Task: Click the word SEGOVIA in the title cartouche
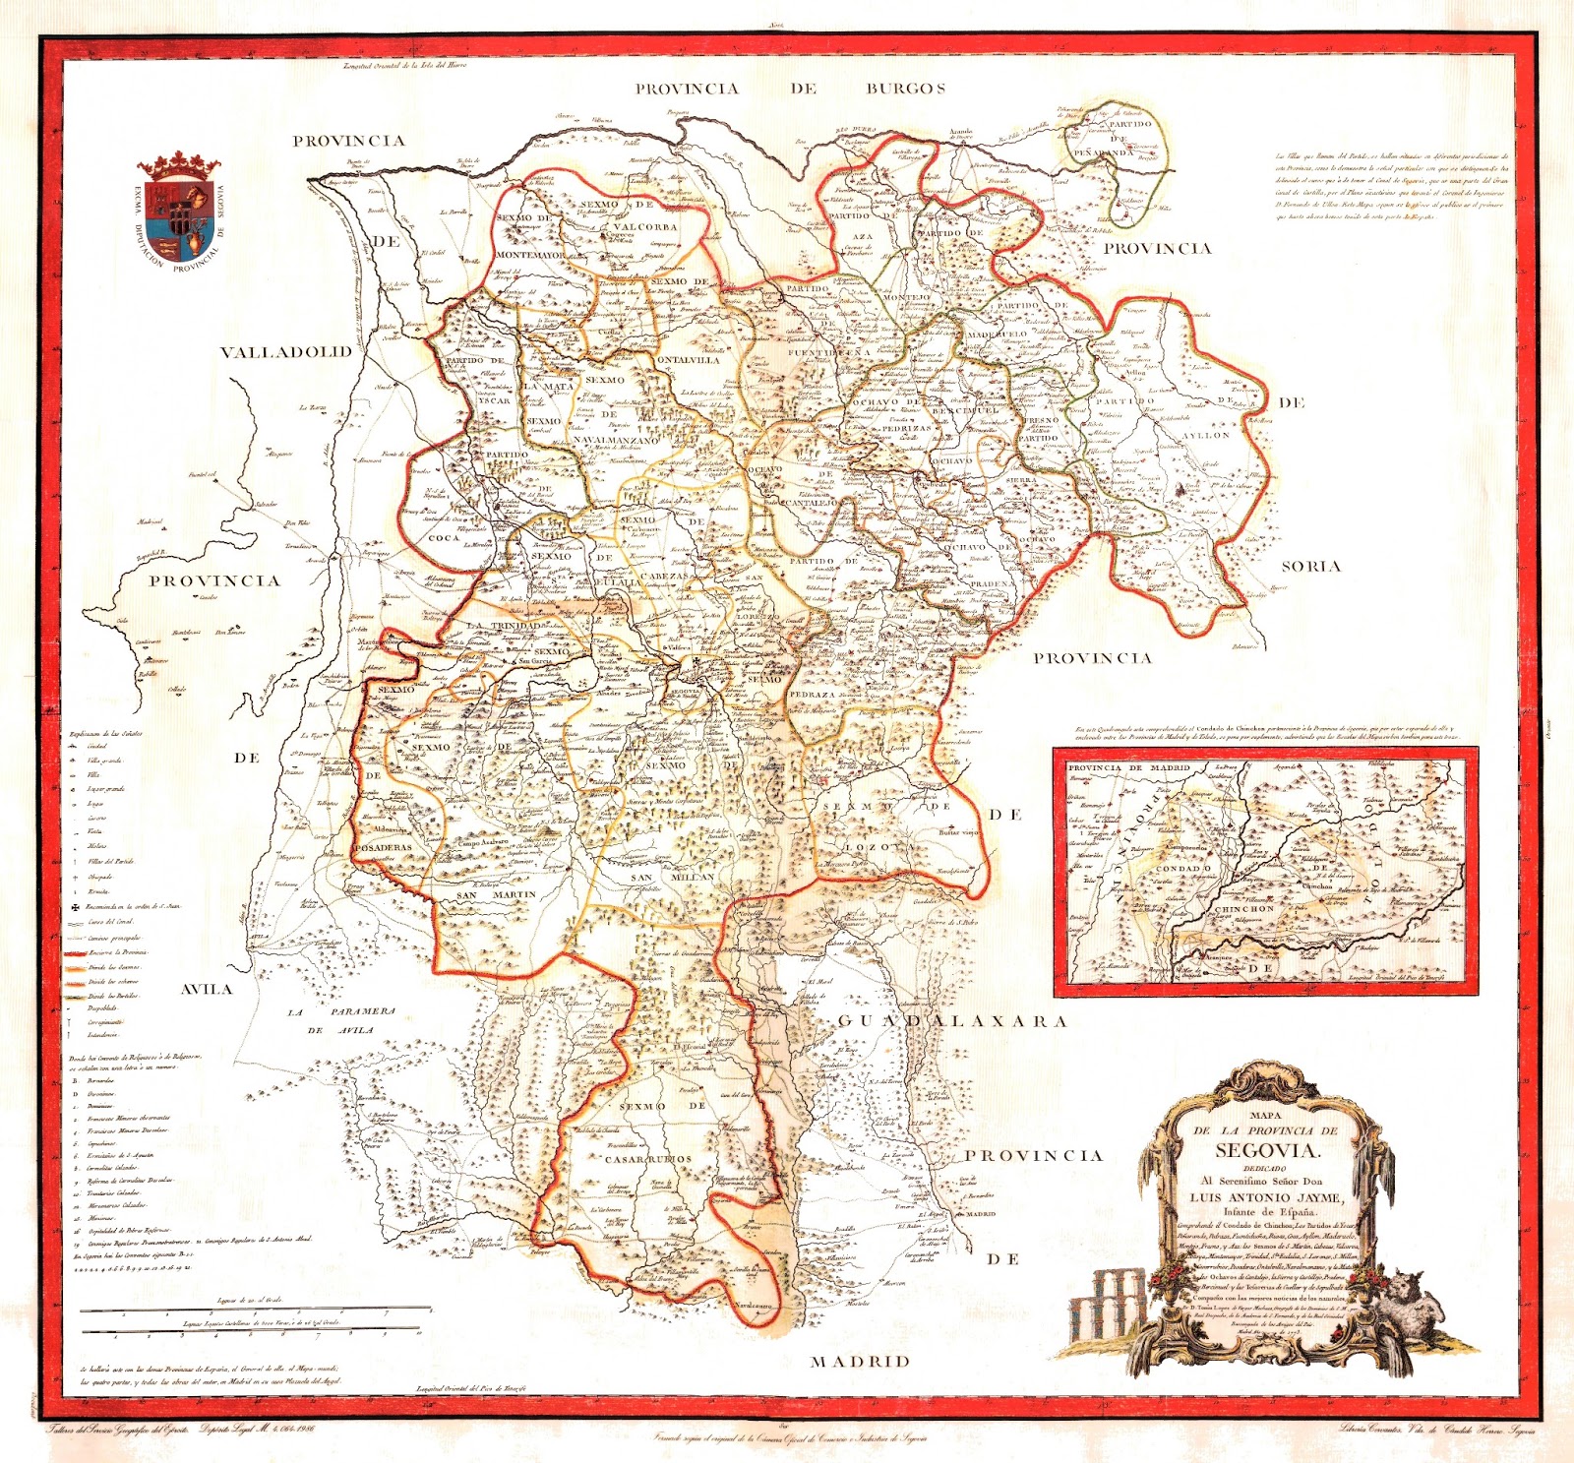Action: click(1266, 1150)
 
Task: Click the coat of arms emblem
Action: click(178, 212)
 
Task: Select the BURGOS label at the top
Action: click(905, 89)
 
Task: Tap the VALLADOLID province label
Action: click(285, 352)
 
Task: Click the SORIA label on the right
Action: click(1310, 566)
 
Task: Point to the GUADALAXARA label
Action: click(951, 1021)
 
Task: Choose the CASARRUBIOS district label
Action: click(648, 1159)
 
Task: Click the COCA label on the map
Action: click(445, 538)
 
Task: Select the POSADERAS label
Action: click(383, 847)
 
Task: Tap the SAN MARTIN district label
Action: click(497, 895)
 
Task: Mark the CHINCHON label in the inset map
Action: click(1244, 909)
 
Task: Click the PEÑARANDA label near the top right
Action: click(1103, 153)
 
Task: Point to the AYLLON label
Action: click(1206, 435)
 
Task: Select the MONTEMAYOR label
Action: click(530, 255)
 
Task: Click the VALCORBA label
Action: click(645, 226)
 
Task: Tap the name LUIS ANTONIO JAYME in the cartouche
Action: click(1265, 1197)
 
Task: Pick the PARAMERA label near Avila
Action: click(363, 1011)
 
